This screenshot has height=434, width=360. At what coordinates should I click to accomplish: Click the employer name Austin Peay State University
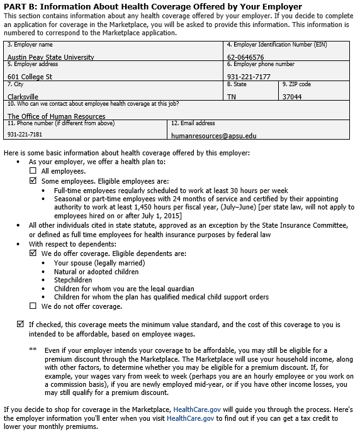50,57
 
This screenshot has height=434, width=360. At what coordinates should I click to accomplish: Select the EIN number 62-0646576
245,57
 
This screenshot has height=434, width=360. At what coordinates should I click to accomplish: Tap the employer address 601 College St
30,77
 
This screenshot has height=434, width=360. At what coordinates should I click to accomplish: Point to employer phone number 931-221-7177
249,77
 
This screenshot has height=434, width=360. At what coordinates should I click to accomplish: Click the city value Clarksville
23,97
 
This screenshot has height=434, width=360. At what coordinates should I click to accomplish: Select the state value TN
232,97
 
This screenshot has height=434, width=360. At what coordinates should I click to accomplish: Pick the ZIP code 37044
292,97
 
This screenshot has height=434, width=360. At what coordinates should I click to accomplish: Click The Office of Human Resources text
56,116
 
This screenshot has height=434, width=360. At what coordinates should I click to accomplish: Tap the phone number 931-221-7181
25,135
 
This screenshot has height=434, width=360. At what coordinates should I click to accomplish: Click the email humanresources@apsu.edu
214,135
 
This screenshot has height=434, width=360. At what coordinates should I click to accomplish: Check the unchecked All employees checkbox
33,171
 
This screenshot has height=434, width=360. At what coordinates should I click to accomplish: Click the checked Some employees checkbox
33,181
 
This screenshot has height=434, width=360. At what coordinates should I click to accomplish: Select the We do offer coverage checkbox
33,253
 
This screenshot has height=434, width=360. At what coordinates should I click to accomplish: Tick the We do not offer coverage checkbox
33,306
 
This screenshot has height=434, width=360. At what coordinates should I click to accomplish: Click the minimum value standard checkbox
20,325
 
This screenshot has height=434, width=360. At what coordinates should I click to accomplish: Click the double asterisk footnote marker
33,349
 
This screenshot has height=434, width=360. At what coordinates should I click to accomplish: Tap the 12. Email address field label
193,123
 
